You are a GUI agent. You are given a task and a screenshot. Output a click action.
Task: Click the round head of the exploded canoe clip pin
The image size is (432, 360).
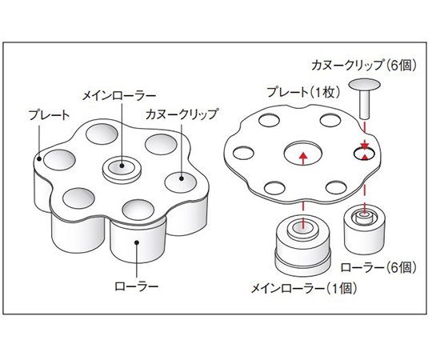coord(364,85)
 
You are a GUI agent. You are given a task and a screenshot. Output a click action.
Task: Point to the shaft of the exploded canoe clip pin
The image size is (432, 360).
coord(364,105)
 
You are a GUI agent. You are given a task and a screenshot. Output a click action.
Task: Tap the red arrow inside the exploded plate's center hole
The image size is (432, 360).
coord(304,154)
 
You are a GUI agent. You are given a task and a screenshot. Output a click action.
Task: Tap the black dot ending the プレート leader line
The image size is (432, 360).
coord(40,158)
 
